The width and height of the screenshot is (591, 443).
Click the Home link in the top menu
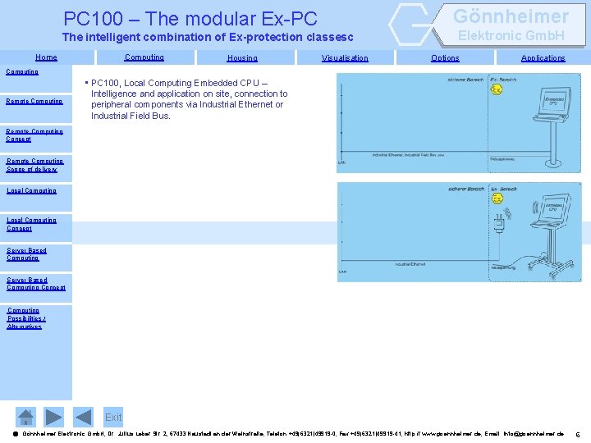pos(46,57)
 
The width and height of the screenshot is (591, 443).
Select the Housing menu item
pos(241,58)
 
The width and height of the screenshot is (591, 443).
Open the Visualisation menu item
pos(345,58)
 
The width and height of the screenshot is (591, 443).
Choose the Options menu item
pos(445,58)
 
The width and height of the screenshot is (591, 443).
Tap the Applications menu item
pos(543,58)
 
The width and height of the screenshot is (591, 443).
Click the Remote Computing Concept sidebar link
pos(34,135)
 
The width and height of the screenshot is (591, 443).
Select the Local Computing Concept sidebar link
pos(31,224)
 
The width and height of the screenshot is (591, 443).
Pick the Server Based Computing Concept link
pos(35,284)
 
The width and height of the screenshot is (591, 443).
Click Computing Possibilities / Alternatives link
pos(25,318)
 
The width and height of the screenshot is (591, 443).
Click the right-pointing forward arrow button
pos(53,417)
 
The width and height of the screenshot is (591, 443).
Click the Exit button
pos(113,418)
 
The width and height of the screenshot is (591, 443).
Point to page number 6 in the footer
pos(578,434)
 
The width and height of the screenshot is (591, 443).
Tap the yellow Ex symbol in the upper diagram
pos(497,89)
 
